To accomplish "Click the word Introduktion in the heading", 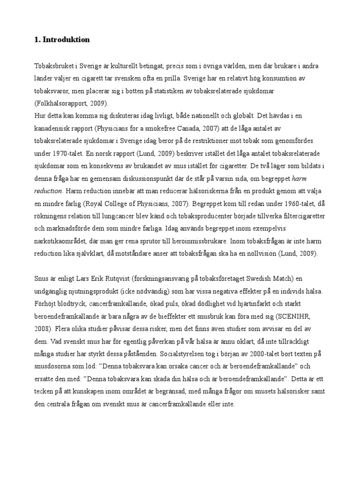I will [66, 40].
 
